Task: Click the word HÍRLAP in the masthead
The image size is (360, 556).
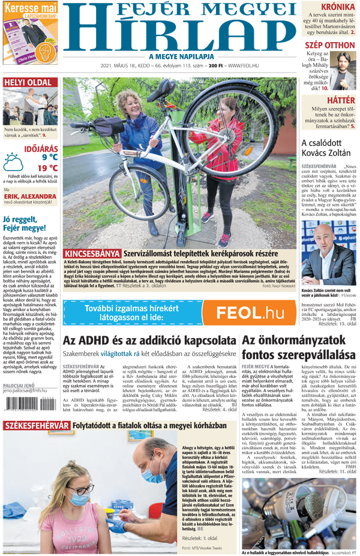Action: click(x=181, y=33)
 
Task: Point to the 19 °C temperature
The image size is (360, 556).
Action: click(x=47, y=168)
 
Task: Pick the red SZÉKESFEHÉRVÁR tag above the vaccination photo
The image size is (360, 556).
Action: click(x=36, y=426)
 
